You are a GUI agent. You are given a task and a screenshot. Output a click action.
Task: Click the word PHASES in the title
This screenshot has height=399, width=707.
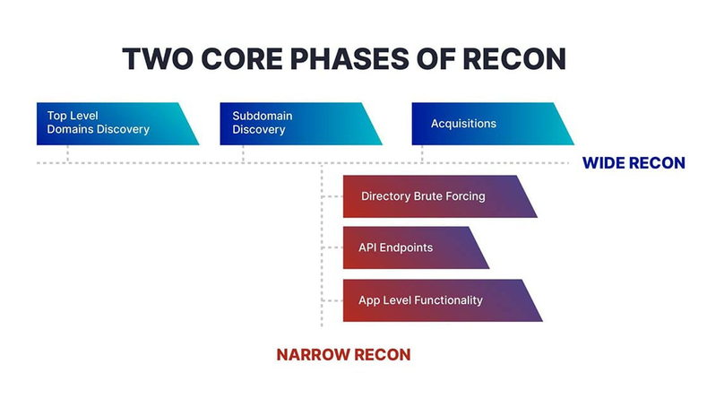(349, 58)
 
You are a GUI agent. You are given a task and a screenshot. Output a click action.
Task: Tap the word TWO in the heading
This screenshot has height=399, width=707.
(158, 58)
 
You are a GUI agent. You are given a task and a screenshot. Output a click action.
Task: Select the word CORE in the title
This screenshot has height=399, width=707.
(242, 58)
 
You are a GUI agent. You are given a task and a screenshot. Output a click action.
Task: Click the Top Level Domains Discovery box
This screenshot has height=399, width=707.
(117, 124)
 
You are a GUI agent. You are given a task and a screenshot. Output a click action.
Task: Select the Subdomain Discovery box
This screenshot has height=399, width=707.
(301, 124)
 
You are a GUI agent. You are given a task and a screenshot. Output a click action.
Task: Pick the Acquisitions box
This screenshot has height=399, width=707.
(493, 124)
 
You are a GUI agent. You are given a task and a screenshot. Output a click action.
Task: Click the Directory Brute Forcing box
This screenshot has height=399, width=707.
(440, 196)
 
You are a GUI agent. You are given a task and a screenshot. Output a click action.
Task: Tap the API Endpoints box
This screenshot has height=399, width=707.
(416, 247)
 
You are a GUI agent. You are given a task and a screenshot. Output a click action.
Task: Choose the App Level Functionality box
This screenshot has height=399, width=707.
(443, 300)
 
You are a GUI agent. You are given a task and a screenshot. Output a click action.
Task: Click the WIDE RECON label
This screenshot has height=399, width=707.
(634, 163)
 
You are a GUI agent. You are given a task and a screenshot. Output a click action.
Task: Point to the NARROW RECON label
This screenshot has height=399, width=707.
(343, 355)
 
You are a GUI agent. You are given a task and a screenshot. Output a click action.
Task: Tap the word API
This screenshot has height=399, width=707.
(367, 247)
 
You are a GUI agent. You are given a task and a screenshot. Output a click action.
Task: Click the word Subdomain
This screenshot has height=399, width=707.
(263, 116)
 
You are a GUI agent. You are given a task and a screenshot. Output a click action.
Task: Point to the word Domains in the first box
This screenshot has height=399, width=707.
(70, 129)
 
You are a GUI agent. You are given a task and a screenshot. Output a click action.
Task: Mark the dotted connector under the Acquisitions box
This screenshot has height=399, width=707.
(422, 154)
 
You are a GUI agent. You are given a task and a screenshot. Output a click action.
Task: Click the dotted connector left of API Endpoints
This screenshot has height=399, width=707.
(332, 247)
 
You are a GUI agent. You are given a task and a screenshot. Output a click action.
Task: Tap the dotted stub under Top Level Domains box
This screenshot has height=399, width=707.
(67, 154)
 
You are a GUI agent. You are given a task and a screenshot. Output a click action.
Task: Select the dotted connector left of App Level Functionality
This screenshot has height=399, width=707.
(332, 300)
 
